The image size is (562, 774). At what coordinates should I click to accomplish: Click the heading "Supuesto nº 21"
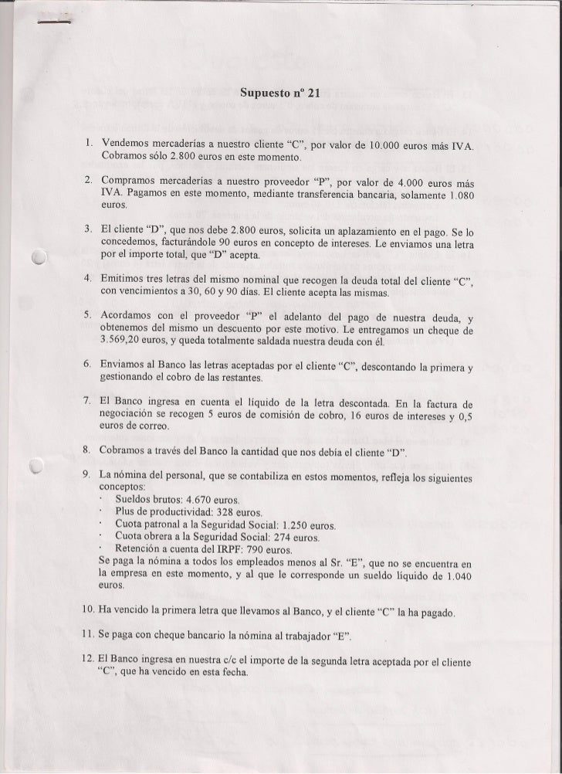279,94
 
